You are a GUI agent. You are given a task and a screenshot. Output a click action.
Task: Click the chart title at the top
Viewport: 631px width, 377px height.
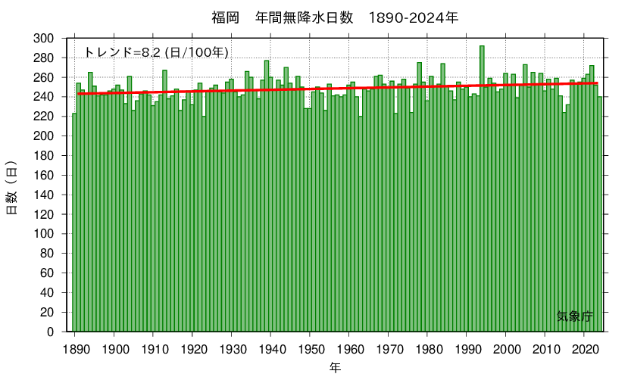click(x=315, y=17)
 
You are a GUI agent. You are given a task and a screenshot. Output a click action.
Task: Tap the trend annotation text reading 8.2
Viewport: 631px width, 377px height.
click(x=156, y=52)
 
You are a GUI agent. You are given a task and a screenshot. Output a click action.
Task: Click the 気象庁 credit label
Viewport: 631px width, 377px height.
click(x=574, y=316)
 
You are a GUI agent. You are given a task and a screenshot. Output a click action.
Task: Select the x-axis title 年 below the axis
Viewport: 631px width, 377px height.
click(x=335, y=368)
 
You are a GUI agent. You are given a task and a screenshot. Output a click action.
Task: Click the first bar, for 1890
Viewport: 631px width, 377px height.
click(x=74, y=223)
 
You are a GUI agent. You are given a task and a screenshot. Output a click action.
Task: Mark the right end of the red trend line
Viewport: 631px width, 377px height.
click(x=598, y=83)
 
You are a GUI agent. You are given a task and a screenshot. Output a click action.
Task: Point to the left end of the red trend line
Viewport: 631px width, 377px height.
click(x=78, y=94)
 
